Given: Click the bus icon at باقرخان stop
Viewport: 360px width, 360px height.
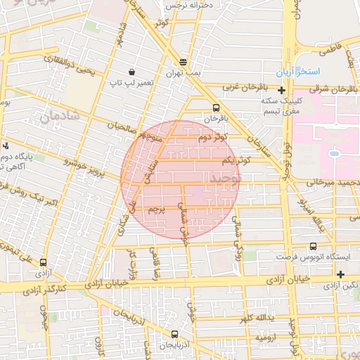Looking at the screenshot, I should tap(216, 108).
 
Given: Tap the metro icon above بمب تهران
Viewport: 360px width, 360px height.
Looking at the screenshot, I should tap(184, 62).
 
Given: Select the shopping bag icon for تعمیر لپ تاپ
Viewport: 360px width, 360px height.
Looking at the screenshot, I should tap(131, 72).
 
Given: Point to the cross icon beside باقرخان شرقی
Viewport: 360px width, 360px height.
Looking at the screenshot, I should tap(281, 90).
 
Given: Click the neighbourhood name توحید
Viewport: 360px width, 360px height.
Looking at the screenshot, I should tap(225, 179).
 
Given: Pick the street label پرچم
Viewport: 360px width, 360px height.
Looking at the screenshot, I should tap(157, 209).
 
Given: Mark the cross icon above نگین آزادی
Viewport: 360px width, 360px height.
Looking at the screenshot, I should tap(341, 274).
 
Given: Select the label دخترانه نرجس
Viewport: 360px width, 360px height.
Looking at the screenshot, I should tap(189, 6).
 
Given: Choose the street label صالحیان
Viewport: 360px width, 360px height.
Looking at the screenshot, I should tap(122, 127).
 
